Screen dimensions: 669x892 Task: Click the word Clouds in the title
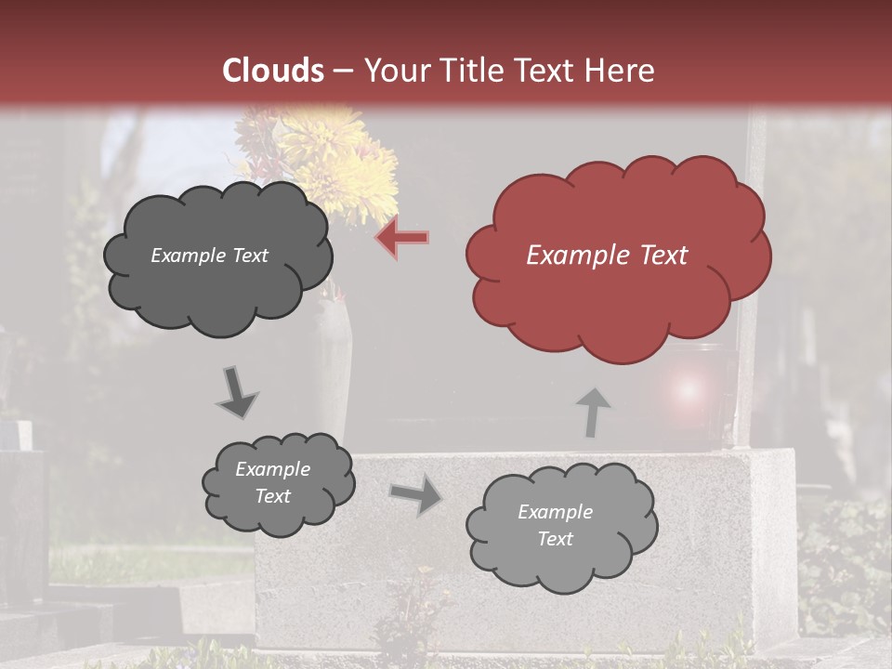(273, 71)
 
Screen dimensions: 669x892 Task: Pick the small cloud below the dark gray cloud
(278, 483)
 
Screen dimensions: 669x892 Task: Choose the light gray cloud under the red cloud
(561, 526)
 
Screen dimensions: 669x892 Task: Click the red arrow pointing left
(402, 237)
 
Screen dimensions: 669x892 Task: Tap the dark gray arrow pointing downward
(237, 392)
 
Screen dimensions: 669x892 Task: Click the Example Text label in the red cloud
(607, 256)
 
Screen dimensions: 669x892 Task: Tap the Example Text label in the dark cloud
(209, 256)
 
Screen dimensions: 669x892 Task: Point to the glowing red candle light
(686, 390)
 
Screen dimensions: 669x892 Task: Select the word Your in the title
(395, 71)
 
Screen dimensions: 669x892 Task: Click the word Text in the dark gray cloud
(248, 256)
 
